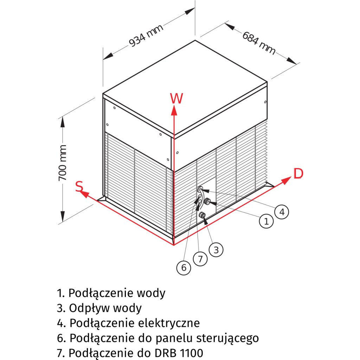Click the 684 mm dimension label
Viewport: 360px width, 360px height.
259,43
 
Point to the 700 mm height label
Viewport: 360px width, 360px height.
63,162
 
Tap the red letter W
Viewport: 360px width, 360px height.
176,99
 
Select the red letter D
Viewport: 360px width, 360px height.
298,174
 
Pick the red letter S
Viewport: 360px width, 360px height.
80,186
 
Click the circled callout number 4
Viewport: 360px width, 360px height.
281,212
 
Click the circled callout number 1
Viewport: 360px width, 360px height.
266,221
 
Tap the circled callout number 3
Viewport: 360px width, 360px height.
216,250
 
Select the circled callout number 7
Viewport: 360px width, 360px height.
200,259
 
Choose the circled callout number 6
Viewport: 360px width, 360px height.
184,268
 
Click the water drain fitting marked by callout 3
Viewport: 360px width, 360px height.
202,215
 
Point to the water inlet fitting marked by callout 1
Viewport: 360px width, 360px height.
208,202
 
